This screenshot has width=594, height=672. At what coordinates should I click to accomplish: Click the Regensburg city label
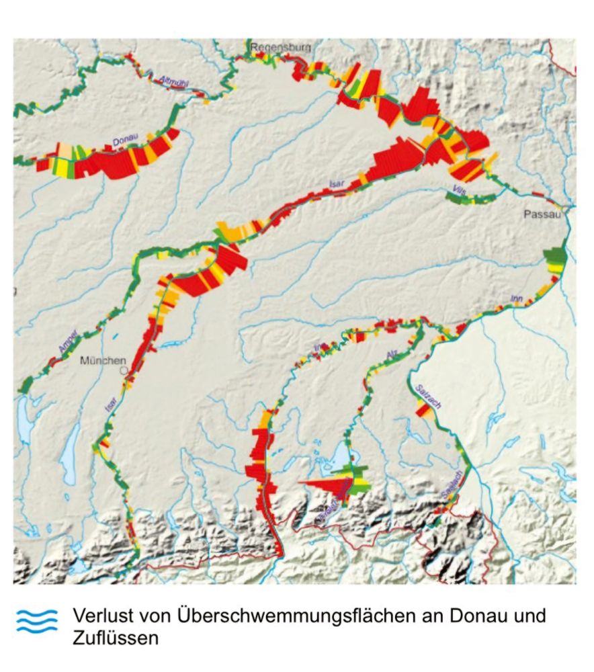click(281, 48)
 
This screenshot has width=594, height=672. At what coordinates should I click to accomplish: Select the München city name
click(103, 361)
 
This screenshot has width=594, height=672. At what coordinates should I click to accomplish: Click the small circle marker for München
click(123, 370)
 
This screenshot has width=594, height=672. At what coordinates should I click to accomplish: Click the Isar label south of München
click(110, 404)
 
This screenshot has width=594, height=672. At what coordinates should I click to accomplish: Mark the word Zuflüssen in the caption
click(116, 638)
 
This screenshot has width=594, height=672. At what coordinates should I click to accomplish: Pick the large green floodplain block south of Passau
click(556, 257)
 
